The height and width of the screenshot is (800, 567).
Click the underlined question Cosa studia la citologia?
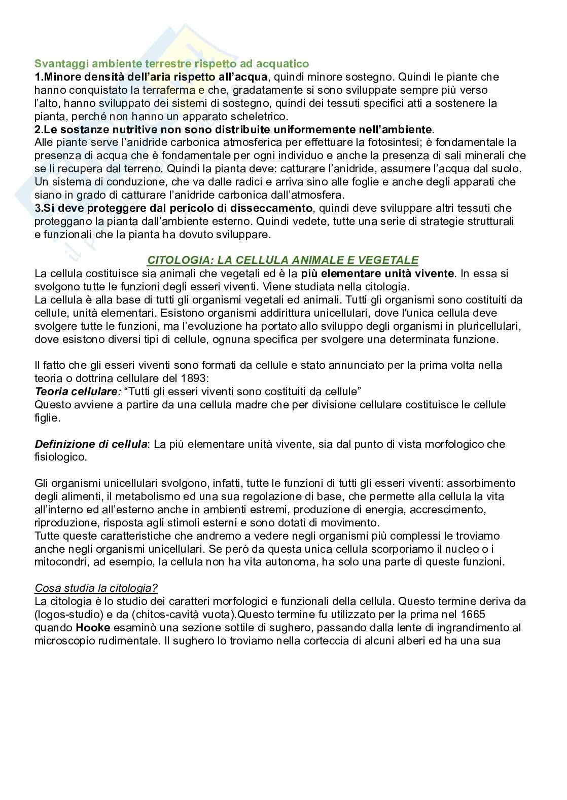[96, 588]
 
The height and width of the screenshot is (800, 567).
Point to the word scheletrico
[256, 117]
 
